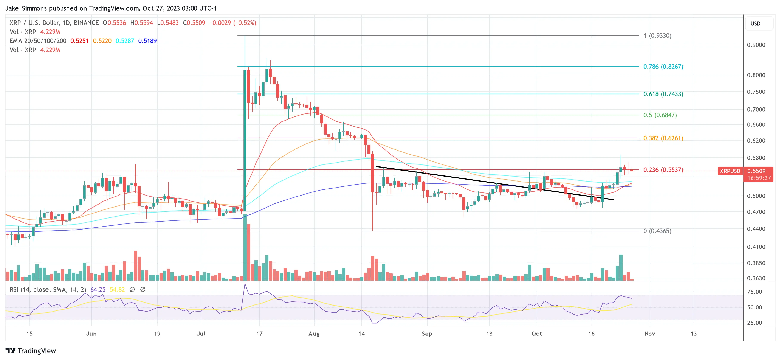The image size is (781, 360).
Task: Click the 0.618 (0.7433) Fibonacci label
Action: [x=663, y=94]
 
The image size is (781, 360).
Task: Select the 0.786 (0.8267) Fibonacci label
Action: [x=663, y=67]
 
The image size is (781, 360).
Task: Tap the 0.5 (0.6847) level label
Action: [x=660, y=115]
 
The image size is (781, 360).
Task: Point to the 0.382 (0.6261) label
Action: [x=663, y=138]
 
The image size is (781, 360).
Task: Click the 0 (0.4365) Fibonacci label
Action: [x=657, y=231]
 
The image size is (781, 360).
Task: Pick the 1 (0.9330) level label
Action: [x=657, y=36]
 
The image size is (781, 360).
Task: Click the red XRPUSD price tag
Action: [x=730, y=171]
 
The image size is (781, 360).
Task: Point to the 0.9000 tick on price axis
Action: [x=756, y=45]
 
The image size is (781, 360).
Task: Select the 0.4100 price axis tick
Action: [x=756, y=247]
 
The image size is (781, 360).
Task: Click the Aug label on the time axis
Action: [x=314, y=334]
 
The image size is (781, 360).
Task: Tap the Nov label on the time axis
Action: [x=649, y=334]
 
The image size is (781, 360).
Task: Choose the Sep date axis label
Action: [x=427, y=334]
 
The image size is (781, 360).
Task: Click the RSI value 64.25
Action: [x=98, y=290]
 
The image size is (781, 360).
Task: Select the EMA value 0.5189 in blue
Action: [x=147, y=41]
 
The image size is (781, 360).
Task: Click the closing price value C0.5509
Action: [x=194, y=23]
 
